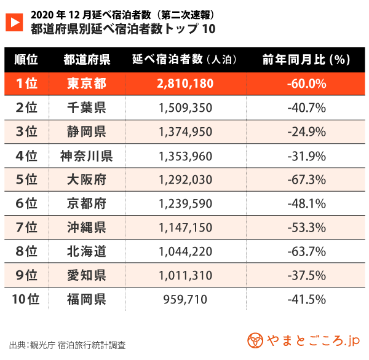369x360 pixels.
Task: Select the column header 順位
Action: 26,60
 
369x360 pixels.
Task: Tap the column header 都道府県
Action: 86,60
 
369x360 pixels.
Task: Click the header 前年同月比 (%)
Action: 306,60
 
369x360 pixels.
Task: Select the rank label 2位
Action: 26,108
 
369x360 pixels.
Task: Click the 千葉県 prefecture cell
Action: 86,108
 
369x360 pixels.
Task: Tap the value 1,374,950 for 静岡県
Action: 185,131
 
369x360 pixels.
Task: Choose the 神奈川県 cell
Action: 86,155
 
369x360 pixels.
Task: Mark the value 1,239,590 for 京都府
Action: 185,203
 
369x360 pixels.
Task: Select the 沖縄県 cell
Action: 86,227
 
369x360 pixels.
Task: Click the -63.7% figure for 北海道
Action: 306,251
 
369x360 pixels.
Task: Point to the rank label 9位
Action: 26,275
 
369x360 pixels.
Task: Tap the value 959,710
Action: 185,299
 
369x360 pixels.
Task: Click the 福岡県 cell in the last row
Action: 86,299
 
